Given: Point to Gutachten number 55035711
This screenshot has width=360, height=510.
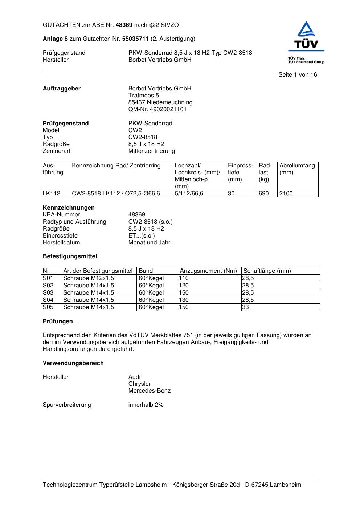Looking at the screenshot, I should click(135, 39).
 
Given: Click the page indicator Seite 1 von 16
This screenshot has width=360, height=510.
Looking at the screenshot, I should click(298, 75).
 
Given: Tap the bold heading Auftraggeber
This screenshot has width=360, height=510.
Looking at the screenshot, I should click(62, 89).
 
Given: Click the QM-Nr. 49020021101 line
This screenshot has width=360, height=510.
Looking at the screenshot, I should click(157, 109).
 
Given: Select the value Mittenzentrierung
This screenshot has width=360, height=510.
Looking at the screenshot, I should click(151, 151).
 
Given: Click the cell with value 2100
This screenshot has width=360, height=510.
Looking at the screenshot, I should click(286, 194).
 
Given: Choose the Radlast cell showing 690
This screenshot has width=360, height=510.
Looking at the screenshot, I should click(264, 194).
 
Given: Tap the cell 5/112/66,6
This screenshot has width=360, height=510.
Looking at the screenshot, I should click(189, 194).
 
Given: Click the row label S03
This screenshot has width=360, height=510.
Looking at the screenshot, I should click(48, 293).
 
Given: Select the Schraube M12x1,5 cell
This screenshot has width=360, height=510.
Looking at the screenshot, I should click(89, 278).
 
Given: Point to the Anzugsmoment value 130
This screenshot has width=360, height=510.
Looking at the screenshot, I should click(184, 300).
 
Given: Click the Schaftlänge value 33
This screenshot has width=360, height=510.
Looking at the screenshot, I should click(246, 307).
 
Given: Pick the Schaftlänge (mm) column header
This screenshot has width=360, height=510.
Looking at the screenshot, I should click(267, 271).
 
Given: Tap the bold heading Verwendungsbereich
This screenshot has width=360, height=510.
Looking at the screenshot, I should click(73, 363).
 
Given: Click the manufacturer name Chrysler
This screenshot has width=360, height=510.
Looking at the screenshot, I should click(139, 384).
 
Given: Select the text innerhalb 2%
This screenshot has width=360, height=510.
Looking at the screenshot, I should click(146, 405).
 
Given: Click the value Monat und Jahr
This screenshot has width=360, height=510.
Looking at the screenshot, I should click(149, 243).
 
